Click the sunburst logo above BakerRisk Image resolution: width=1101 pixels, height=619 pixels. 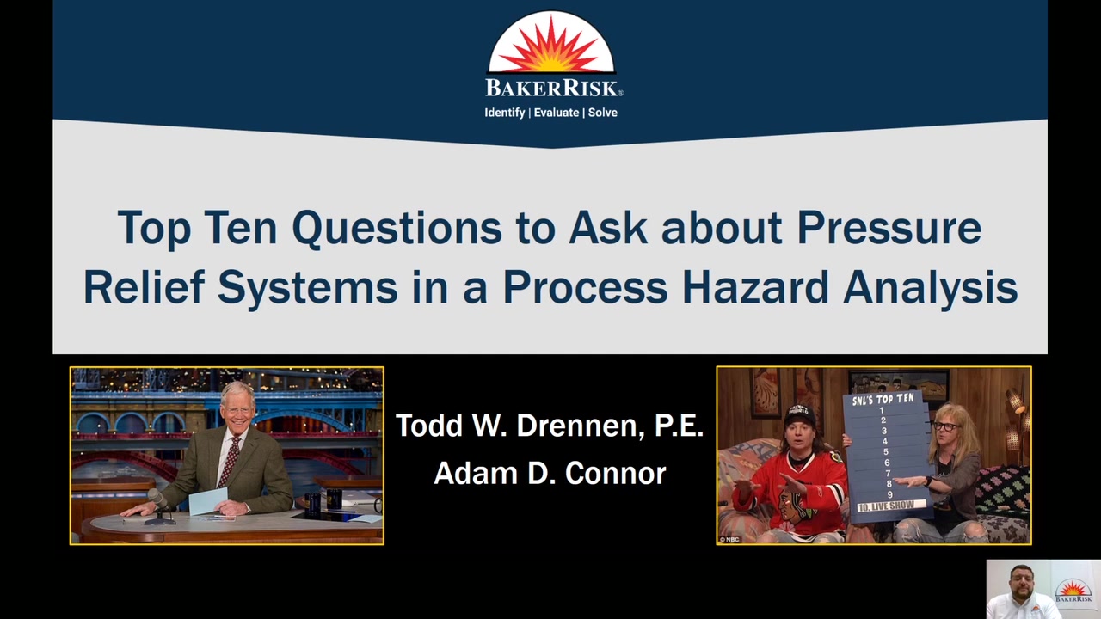(x=551, y=43)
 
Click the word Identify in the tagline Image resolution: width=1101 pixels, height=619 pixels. (x=504, y=113)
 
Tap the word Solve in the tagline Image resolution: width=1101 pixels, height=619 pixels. (x=603, y=113)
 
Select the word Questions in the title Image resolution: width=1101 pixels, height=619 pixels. (x=397, y=229)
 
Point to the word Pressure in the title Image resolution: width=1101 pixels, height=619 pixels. (x=889, y=228)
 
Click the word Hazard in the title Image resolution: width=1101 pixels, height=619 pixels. (x=756, y=287)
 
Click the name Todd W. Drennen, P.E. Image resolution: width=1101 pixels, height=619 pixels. (x=550, y=426)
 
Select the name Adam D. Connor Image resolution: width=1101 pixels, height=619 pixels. (x=550, y=473)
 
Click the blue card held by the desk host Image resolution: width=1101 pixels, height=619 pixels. (x=208, y=501)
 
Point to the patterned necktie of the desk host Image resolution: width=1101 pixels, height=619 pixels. (x=229, y=462)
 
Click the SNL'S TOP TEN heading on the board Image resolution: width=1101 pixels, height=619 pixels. (x=883, y=400)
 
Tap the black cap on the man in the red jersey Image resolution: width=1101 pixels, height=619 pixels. (x=799, y=415)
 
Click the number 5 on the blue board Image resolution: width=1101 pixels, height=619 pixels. (x=886, y=451)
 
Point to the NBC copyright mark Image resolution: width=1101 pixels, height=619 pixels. (x=729, y=539)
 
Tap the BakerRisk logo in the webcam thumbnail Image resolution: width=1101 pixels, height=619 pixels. (x=1073, y=591)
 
